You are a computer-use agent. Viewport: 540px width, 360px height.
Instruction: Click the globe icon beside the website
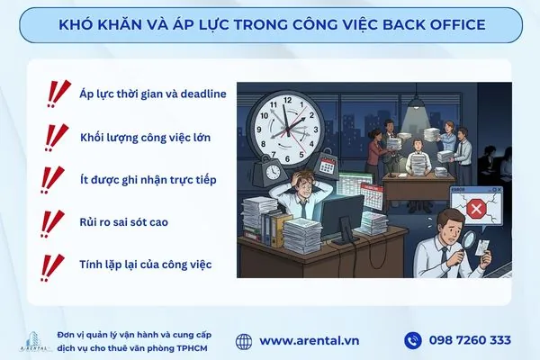pos(244,340)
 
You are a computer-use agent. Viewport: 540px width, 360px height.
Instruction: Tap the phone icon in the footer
pos(413,340)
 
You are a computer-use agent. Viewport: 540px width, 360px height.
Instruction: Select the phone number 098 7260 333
pos(471,340)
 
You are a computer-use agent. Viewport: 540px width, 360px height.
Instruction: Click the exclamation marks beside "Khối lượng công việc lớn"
pos(56,136)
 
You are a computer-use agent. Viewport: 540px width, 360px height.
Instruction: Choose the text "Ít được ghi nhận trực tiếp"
pos(148,179)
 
